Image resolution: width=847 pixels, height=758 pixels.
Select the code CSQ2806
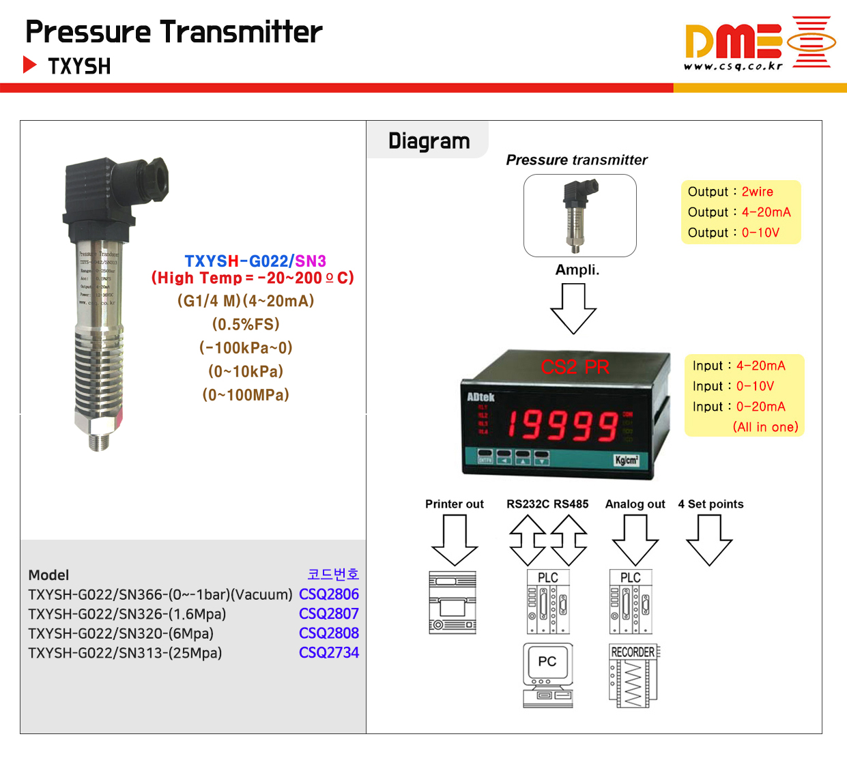(328, 594)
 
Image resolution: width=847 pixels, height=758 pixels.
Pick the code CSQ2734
(328, 653)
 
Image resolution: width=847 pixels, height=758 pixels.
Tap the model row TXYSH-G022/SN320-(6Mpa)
(121, 634)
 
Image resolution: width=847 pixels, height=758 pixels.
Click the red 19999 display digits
(562, 424)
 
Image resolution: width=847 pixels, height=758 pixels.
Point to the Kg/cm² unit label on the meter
(626, 460)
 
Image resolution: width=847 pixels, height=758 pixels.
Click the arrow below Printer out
(455, 540)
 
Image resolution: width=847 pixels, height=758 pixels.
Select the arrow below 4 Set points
(709, 540)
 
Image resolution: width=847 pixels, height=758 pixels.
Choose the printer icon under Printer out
(453, 603)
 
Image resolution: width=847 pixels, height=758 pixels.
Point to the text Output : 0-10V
(733, 233)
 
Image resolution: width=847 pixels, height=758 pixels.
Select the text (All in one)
(765, 427)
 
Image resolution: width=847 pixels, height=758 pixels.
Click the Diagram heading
(429, 141)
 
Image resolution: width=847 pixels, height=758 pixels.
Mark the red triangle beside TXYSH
(30, 65)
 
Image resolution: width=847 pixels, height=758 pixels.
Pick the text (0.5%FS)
(246, 324)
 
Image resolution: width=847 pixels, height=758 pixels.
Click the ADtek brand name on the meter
(480, 397)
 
